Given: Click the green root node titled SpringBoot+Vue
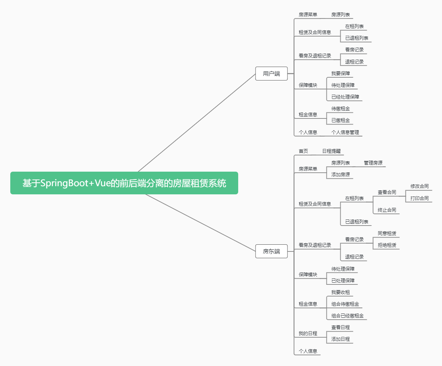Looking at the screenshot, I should [x=124, y=183].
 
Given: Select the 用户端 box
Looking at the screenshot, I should [x=271, y=73].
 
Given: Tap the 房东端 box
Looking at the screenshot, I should [x=271, y=251].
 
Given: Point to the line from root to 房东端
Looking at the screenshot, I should [x=200, y=223].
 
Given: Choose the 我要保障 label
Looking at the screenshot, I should [x=340, y=73].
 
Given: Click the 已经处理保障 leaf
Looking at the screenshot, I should [x=345, y=97].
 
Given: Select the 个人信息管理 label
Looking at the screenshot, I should [x=345, y=132].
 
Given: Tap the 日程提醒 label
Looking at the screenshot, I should [x=331, y=151].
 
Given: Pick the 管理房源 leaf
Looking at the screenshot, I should [x=373, y=163].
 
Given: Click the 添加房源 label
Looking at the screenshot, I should [x=340, y=174].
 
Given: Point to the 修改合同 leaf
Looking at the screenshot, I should [x=419, y=186].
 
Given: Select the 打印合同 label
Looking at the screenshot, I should [x=419, y=198].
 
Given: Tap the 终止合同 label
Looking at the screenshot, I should [x=387, y=210].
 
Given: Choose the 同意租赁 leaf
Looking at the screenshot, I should [x=387, y=233].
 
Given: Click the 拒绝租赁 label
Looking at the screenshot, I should [x=387, y=245].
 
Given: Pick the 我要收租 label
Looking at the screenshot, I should [x=340, y=292].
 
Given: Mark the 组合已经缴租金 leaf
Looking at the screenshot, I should [x=347, y=316].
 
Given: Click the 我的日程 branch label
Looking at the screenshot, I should [x=308, y=333].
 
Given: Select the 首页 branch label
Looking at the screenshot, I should [x=303, y=151].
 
